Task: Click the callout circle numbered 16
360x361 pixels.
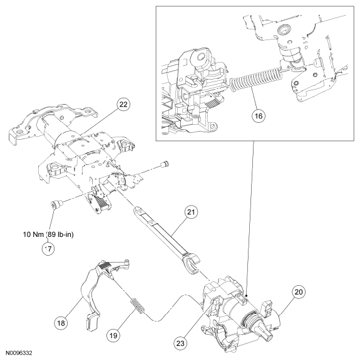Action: [259, 115]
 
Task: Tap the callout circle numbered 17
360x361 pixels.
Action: [48, 249]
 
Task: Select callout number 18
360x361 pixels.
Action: [61, 323]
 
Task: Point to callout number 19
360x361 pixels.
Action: [113, 335]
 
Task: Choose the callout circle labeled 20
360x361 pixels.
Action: [299, 292]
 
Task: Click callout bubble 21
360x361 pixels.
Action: [192, 212]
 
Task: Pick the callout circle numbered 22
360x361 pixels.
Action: [124, 104]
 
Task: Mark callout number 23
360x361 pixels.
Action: [180, 343]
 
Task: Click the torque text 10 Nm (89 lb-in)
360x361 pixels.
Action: [48, 234]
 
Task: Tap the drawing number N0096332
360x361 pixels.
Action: [19, 353]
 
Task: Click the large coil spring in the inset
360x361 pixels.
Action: [255, 80]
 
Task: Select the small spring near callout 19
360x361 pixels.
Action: [138, 305]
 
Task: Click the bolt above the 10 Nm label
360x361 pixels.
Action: [56, 204]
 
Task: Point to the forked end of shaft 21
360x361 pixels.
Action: [191, 262]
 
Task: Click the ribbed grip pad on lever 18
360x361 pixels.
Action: [105, 268]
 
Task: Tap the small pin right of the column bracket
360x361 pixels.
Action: [165, 164]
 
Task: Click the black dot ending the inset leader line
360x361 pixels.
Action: [246, 295]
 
